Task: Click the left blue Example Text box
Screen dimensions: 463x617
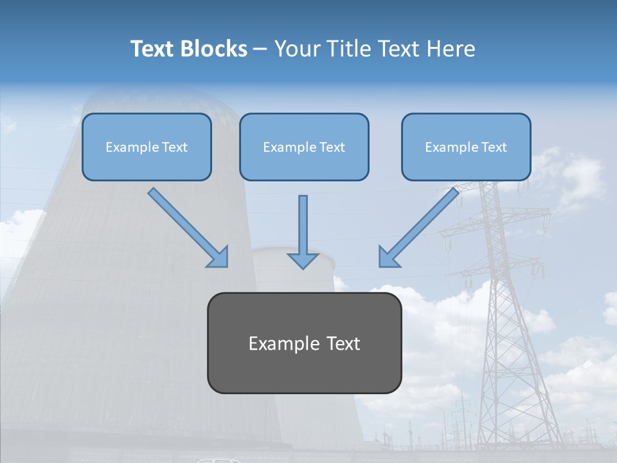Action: coord(147,147)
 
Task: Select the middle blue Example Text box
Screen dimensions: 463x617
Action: coord(304,147)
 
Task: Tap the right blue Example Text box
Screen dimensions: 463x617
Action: coord(466,147)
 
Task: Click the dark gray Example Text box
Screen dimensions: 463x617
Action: coord(304,343)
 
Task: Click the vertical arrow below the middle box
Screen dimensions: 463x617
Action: coord(303,228)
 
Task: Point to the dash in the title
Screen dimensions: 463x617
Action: coord(260,49)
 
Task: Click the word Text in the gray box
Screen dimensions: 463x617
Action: coord(343,343)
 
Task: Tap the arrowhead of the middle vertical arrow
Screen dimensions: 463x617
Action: coord(303,260)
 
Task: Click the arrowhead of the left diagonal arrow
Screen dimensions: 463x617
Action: coord(219,257)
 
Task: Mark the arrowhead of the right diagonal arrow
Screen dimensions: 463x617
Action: coord(388,257)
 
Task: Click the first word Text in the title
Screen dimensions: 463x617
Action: coord(152,49)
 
